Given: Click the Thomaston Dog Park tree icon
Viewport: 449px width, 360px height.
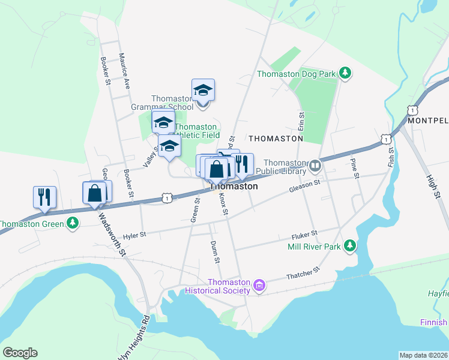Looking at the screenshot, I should pyautogui.click(x=345, y=74).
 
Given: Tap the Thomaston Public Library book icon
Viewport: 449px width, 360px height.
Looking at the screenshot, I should pyautogui.click(x=315, y=164).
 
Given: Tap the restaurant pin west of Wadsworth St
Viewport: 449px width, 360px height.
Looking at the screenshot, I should pyautogui.click(x=44, y=197).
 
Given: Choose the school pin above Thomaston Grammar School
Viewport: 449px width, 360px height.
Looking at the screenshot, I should pyautogui.click(x=203, y=91).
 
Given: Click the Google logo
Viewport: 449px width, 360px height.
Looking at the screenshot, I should pyautogui.click(x=20, y=353).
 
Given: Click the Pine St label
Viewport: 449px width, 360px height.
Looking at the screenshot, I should pyautogui.click(x=354, y=169).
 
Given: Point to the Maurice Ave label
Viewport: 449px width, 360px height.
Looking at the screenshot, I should pyautogui.click(x=124, y=71).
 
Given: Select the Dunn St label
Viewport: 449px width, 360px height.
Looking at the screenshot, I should pyautogui.click(x=214, y=252).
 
